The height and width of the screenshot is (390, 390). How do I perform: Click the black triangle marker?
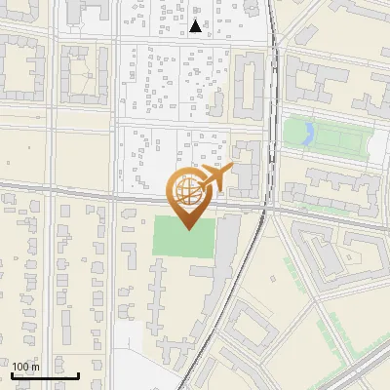click(197, 26)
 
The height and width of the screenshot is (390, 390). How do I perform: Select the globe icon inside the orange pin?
click(187, 191)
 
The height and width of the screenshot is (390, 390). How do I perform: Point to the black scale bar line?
click(45, 374)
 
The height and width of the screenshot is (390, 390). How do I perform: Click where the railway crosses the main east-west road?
click(266, 206)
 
